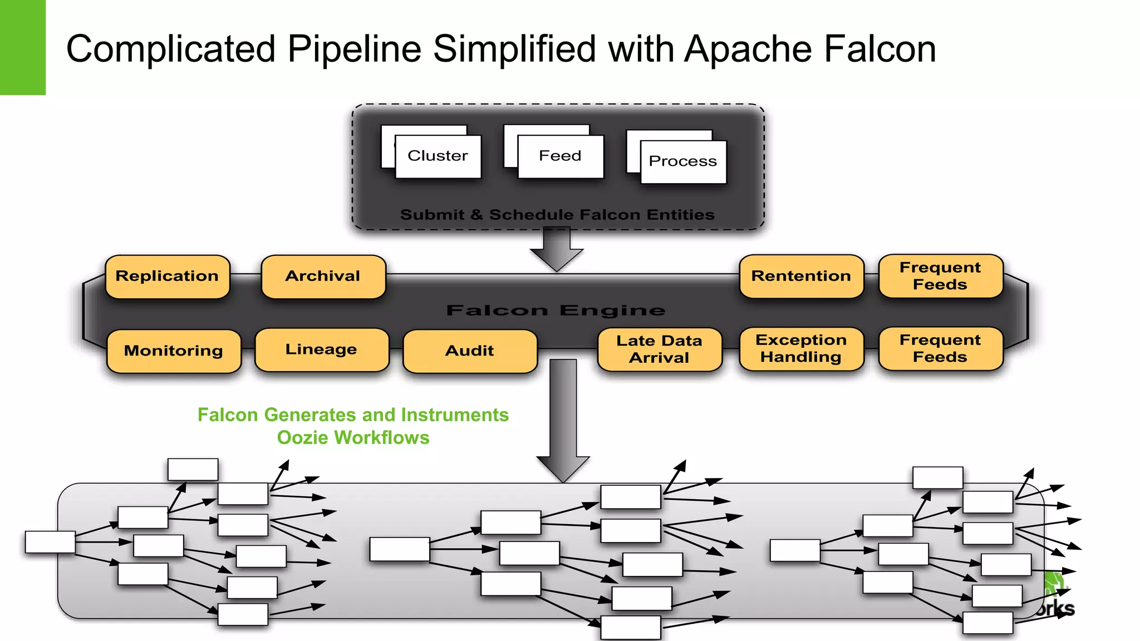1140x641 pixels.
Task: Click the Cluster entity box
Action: tap(438, 156)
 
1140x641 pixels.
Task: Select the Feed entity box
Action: tap(560, 156)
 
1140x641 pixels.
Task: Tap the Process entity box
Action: tap(683, 161)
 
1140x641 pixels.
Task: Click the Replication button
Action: tap(167, 277)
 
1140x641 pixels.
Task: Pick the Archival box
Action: tap(323, 277)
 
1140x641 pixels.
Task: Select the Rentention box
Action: tap(801, 277)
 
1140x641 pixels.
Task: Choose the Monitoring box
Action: tap(174, 351)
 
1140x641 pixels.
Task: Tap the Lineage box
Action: tap(321, 350)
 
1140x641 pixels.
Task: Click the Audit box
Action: tap(469, 351)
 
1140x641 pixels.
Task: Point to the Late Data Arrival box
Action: tap(659, 349)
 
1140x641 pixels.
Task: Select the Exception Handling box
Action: tap(801, 349)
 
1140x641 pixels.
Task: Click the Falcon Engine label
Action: tap(556, 310)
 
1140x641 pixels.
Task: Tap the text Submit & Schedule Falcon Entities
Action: tap(557, 215)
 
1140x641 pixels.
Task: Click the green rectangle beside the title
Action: tap(22, 47)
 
